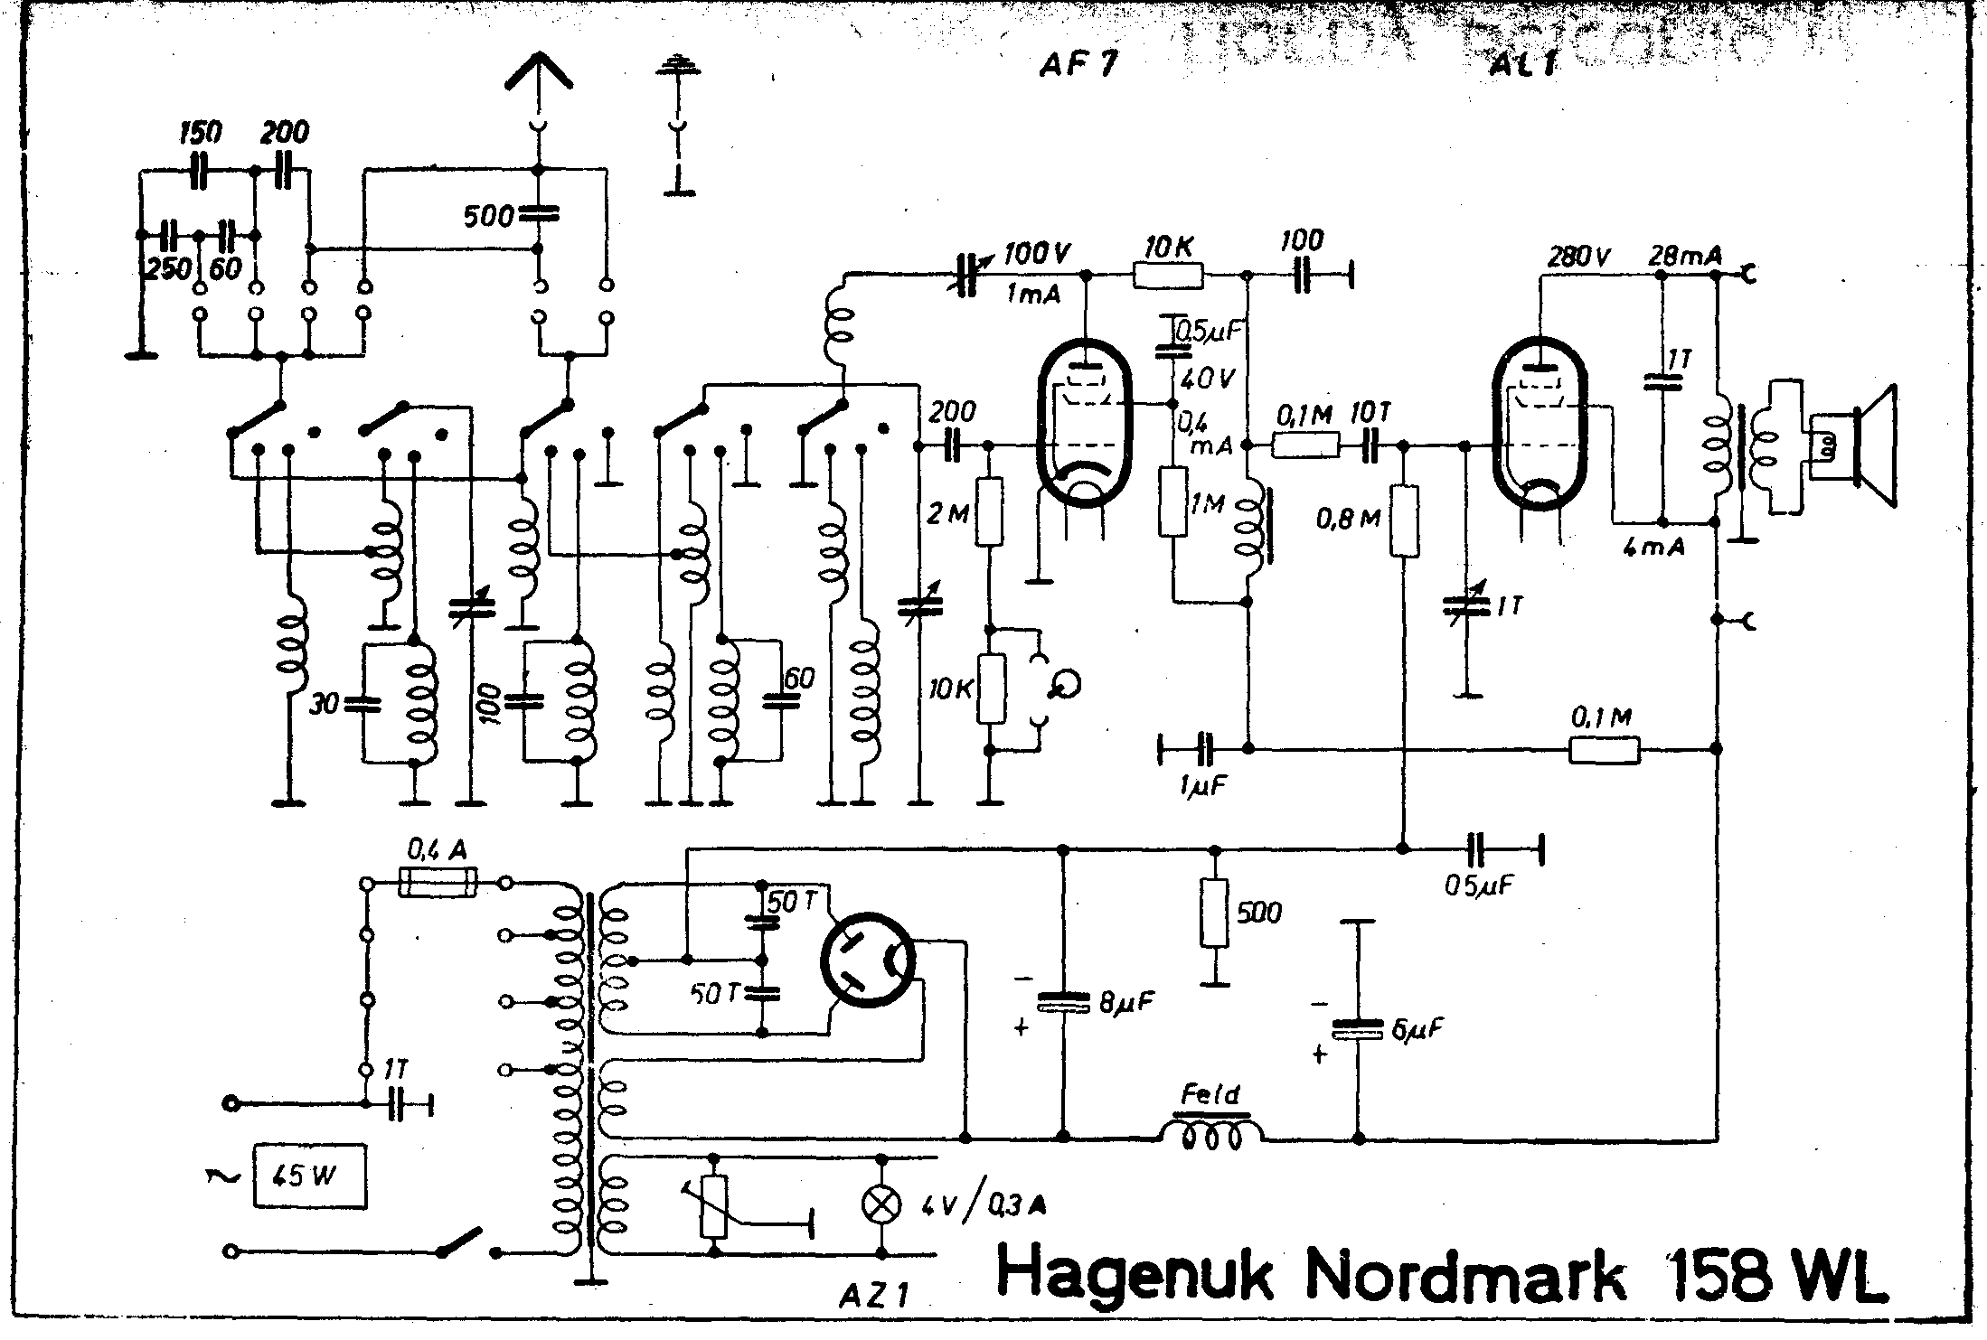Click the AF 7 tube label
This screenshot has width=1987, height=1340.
tap(1078, 64)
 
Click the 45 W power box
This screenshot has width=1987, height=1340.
tap(310, 1176)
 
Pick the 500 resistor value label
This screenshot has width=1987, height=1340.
tap(1259, 913)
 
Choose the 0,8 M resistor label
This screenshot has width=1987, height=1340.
tap(1348, 519)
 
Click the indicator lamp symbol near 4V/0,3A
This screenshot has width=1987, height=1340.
tap(881, 1204)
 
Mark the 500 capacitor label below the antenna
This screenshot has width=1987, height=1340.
tap(488, 217)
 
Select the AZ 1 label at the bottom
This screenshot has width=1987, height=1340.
tap(873, 1298)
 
